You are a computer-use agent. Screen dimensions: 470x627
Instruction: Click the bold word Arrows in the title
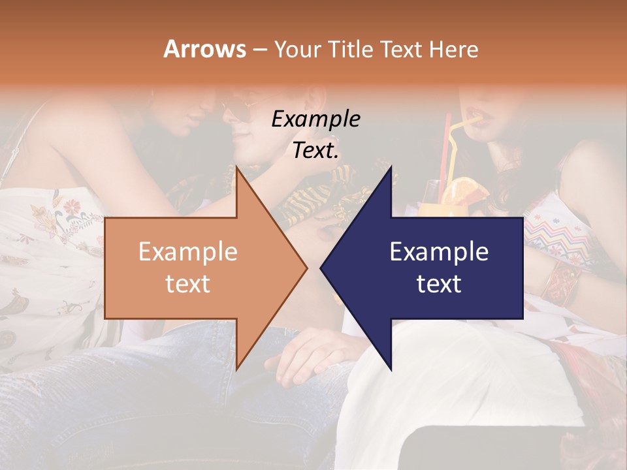pyautogui.click(x=205, y=49)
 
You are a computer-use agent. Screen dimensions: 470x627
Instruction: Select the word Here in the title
pyautogui.click(x=453, y=49)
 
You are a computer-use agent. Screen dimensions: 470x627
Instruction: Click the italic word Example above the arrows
pyautogui.click(x=315, y=119)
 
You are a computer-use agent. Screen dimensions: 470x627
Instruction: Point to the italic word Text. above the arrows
pyautogui.click(x=315, y=151)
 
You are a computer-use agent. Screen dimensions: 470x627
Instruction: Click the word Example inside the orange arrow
pyautogui.click(x=188, y=252)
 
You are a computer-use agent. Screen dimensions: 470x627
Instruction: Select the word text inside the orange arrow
pyautogui.click(x=188, y=283)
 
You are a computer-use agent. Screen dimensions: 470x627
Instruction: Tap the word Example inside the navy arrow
pyautogui.click(x=439, y=252)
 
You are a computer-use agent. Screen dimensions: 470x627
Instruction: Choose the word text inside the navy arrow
pyautogui.click(x=439, y=283)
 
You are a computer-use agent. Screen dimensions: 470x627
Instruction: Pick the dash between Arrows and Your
pyautogui.click(x=259, y=50)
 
